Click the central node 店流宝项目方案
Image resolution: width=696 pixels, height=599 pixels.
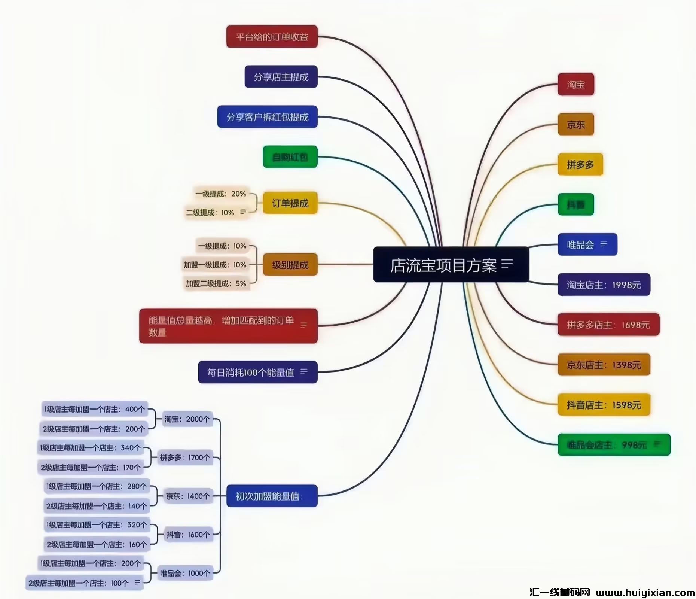(x=443, y=265)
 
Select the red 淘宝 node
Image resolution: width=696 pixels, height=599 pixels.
(x=576, y=84)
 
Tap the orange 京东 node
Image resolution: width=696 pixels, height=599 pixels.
(x=576, y=124)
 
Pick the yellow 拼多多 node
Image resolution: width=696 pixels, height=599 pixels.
(x=580, y=164)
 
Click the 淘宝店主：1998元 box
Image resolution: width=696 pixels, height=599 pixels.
(x=604, y=285)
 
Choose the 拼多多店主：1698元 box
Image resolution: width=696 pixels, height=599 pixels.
(x=608, y=325)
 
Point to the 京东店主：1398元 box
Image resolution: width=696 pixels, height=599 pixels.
(x=604, y=365)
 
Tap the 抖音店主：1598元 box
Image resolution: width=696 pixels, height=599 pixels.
(x=604, y=405)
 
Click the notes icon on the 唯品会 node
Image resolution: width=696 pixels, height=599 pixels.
(x=604, y=244)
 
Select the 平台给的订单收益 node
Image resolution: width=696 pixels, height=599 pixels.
(x=272, y=37)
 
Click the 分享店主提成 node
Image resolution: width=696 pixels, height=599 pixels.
(x=281, y=77)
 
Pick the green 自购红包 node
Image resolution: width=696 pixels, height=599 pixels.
(x=290, y=157)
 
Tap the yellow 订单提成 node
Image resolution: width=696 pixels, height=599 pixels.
(x=290, y=203)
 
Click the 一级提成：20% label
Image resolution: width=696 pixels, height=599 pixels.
(x=220, y=194)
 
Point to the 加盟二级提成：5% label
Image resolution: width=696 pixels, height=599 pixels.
(x=216, y=283)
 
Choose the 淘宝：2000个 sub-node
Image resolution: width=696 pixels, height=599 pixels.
(x=187, y=419)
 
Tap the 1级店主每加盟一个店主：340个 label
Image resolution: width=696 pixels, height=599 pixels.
(x=91, y=448)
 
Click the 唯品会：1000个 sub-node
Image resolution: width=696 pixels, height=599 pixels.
(x=185, y=573)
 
